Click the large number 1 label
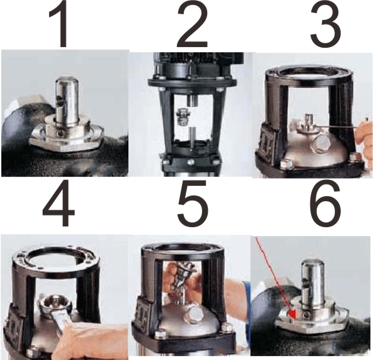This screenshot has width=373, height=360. [59, 24]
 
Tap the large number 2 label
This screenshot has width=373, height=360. [192, 24]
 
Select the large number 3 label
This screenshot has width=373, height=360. [326, 24]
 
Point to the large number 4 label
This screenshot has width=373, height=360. [59, 203]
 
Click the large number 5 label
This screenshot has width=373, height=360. [192, 203]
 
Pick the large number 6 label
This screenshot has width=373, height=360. [325, 203]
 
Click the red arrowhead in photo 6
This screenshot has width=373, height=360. [292, 314]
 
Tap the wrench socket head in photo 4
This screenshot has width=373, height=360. [56, 303]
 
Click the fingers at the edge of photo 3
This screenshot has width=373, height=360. [364, 140]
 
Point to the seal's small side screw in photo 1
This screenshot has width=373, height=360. [61, 134]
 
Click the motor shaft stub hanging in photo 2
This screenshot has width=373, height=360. [192, 100]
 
